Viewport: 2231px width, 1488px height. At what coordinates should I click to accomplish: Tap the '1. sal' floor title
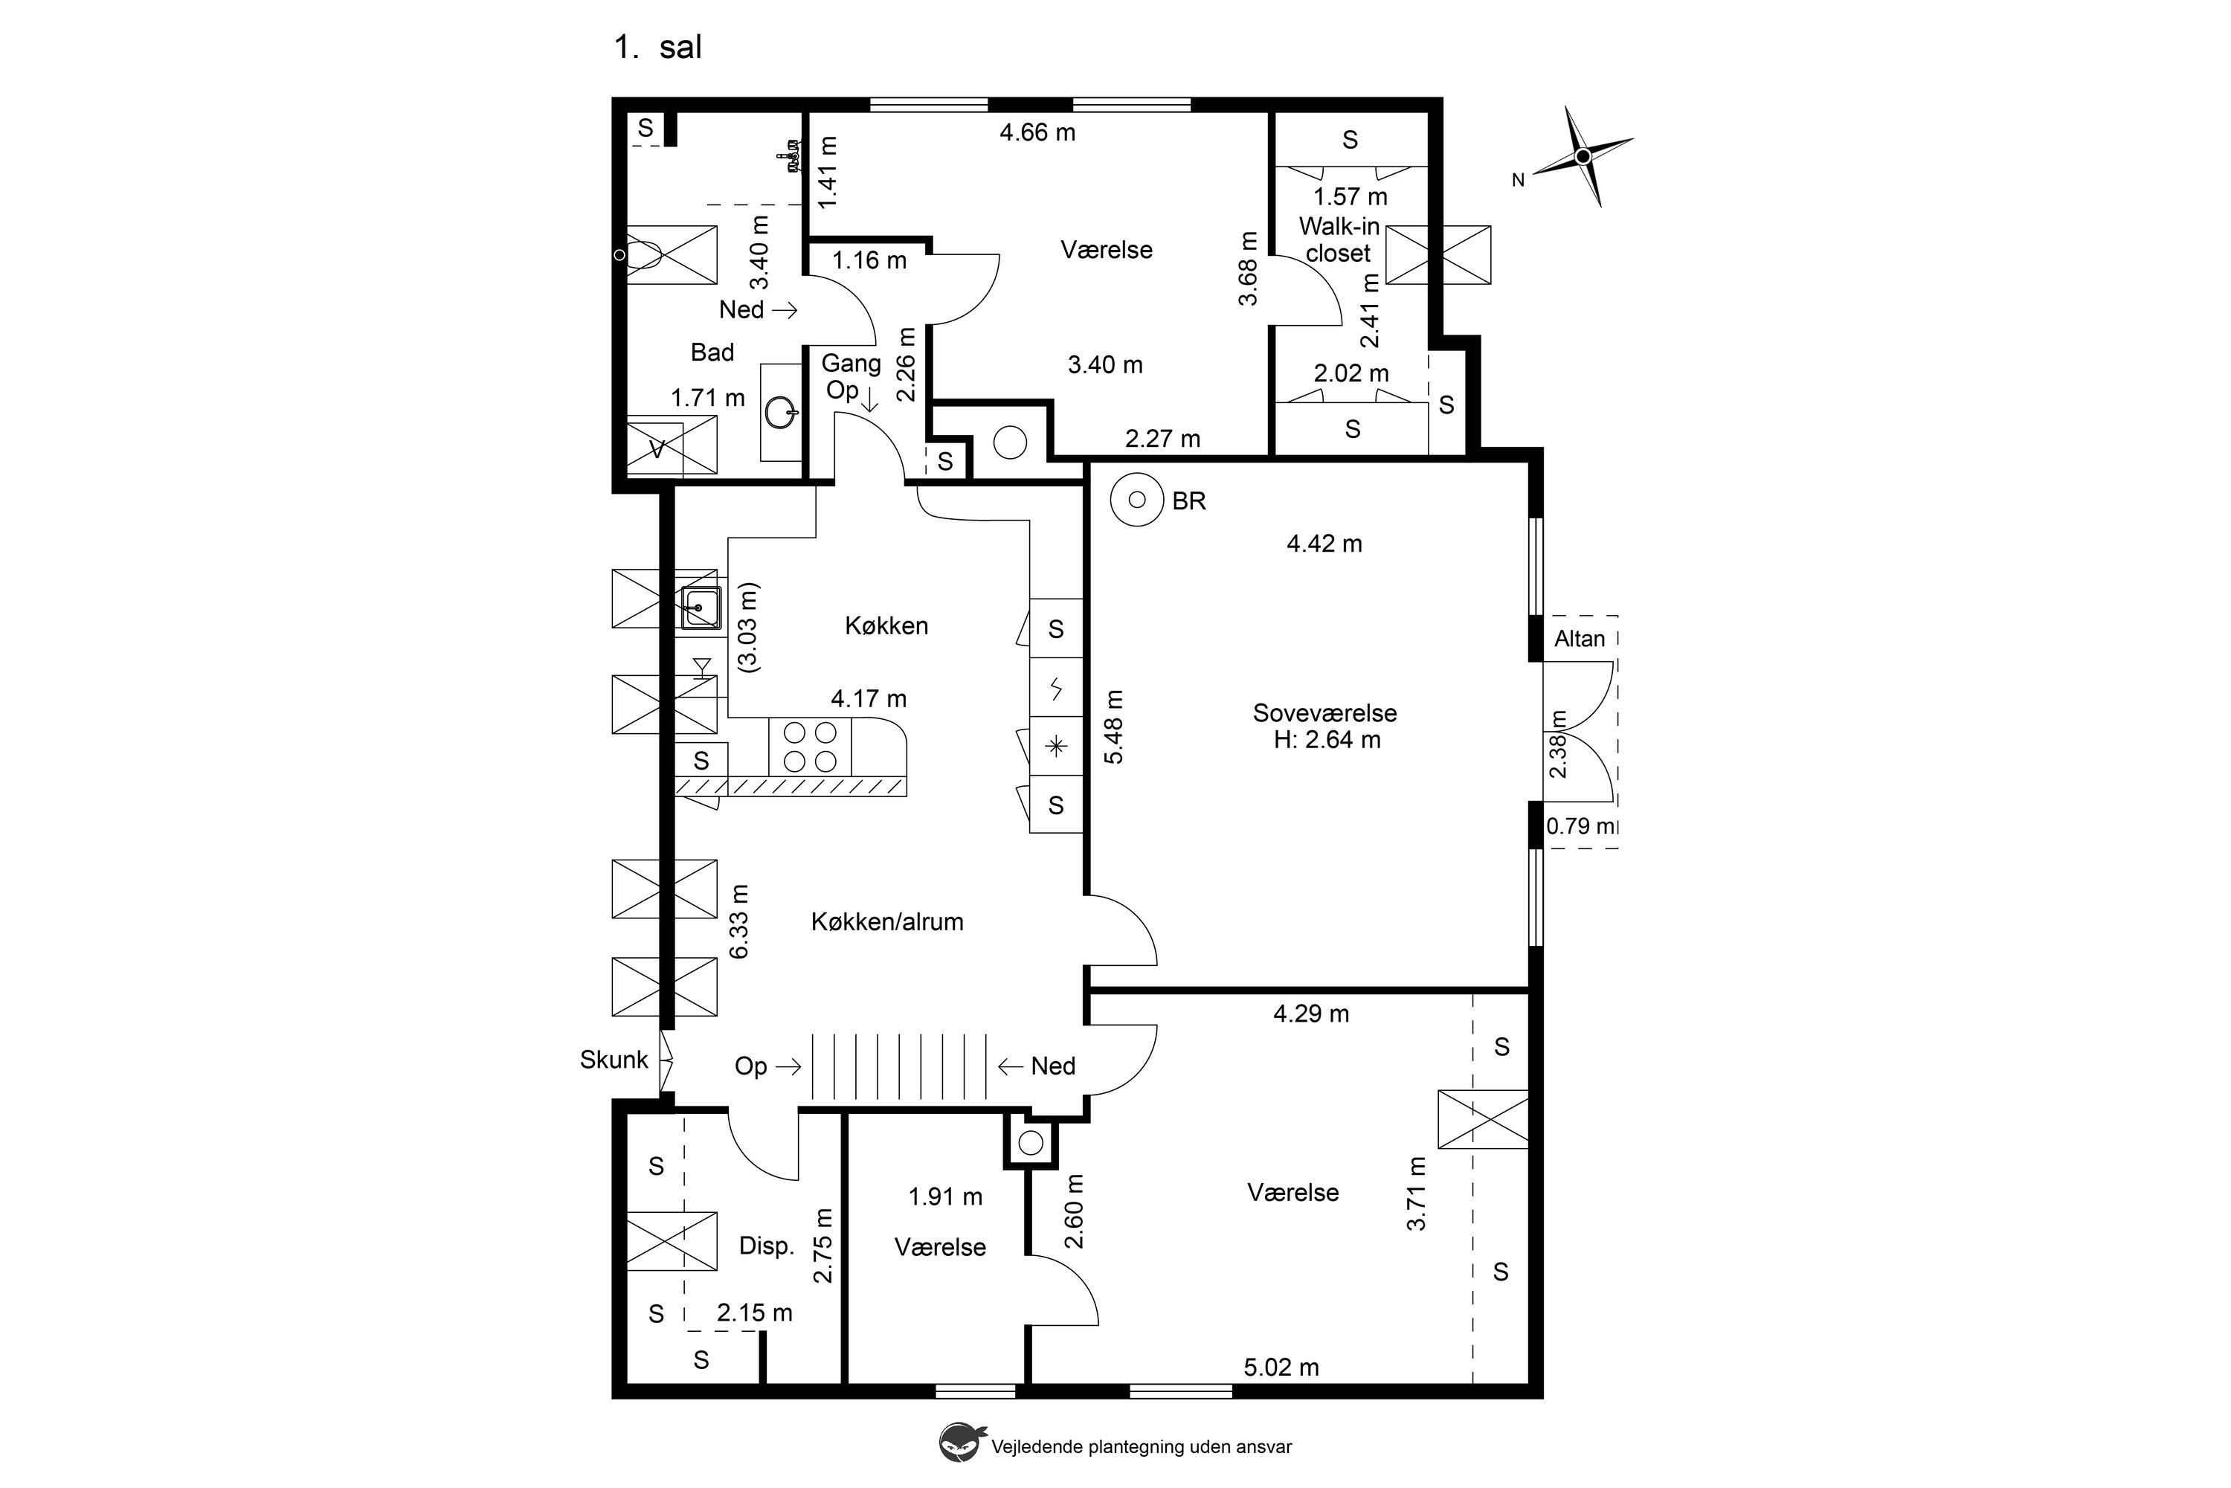pos(657,48)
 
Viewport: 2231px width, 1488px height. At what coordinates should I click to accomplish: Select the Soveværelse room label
pos(1324,712)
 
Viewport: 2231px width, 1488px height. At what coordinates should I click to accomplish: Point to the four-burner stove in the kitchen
pos(809,747)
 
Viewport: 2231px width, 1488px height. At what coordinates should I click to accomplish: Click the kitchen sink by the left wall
pos(701,608)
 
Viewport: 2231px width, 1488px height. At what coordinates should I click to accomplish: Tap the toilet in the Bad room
pos(646,254)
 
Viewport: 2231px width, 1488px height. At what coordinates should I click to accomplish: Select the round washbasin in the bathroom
pos(780,412)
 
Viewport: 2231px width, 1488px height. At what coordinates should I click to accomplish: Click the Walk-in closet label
pos(1339,240)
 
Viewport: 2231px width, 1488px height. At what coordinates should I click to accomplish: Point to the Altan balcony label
pos(1579,639)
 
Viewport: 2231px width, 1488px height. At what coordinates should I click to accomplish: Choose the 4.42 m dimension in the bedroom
pos(1324,544)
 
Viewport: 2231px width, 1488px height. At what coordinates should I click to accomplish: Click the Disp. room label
pos(766,1246)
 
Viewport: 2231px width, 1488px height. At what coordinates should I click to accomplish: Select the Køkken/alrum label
pos(887,921)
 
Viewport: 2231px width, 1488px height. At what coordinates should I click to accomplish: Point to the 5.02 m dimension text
pos(1281,1368)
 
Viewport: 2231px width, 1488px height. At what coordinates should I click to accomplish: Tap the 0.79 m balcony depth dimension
pos(1580,825)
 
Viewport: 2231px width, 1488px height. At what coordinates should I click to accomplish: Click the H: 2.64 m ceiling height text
pos(1327,740)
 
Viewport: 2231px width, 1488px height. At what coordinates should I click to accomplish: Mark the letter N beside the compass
pos(1519,180)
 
